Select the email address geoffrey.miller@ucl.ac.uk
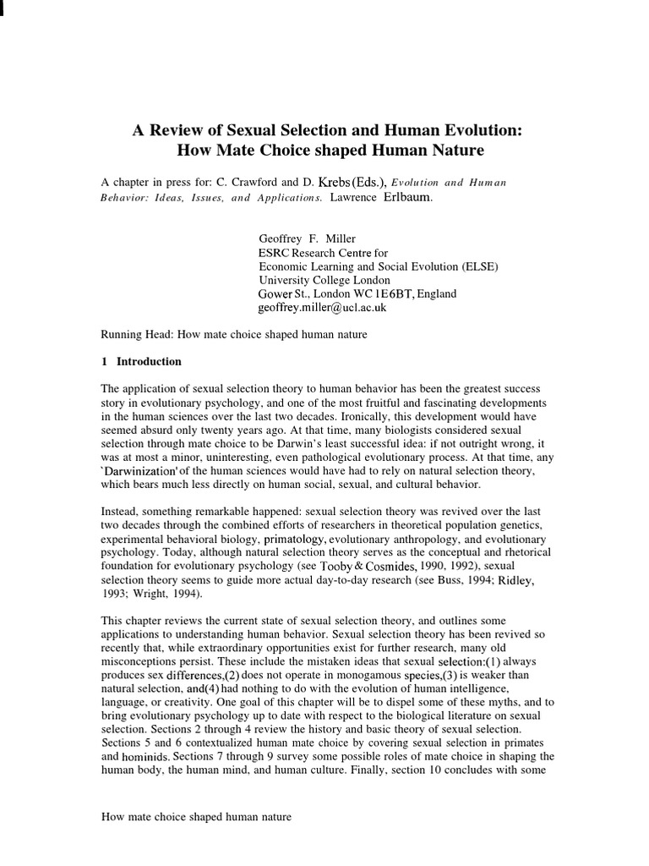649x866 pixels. (322, 308)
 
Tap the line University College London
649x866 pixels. (324, 280)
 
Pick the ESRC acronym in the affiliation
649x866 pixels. (274, 252)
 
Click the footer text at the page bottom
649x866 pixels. (196, 817)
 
